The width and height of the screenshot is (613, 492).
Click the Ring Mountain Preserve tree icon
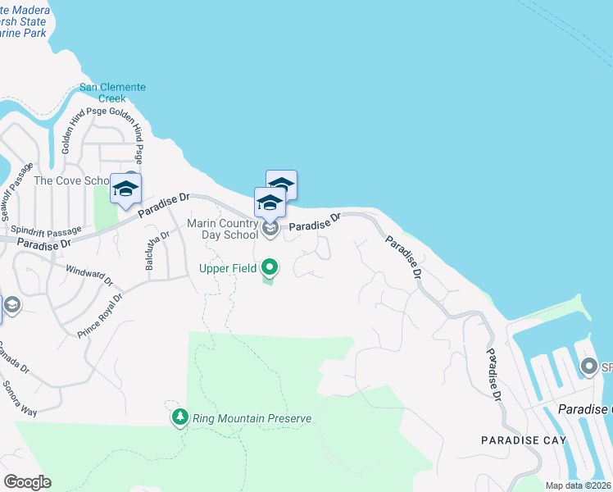point(180,417)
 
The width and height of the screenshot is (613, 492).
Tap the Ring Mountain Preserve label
point(252,418)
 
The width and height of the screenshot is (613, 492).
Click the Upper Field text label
point(227,268)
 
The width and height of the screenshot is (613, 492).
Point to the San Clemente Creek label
point(112,93)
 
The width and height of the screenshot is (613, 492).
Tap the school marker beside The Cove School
point(125,190)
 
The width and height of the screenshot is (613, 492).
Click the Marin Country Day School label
point(224,229)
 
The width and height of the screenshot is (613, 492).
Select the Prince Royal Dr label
point(100,317)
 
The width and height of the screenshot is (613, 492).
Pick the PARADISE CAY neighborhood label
point(523,440)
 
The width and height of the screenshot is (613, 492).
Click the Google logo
point(27,481)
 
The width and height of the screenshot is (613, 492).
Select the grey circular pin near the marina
point(588,367)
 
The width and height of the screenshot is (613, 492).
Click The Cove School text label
point(71,180)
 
